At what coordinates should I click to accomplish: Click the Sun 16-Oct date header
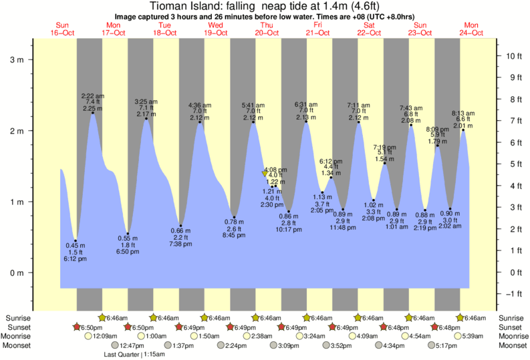[62, 29]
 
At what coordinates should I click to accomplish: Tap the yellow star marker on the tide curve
[265, 174]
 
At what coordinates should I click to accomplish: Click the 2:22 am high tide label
[92, 96]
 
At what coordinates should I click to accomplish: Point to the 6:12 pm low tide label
[76, 259]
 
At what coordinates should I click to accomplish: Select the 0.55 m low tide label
[128, 238]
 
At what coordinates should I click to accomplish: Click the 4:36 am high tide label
[200, 104]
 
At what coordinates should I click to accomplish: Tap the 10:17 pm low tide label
[289, 230]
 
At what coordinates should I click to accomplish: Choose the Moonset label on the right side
[511, 345]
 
